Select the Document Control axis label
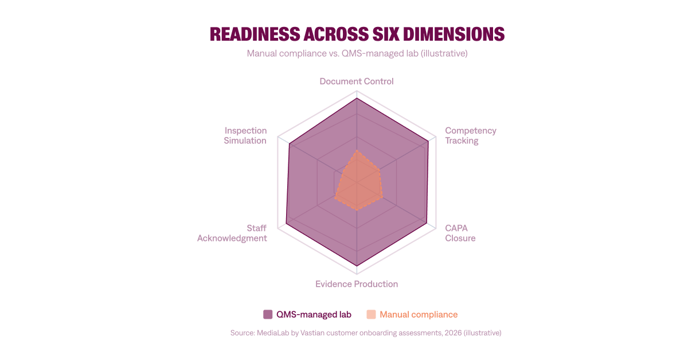coord(357,81)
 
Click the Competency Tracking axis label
coord(470,135)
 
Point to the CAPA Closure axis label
coord(460,233)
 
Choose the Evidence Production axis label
coord(357,284)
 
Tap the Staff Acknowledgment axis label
coord(232,233)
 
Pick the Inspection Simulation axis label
coord(245,135)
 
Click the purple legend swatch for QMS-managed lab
coord(268,314)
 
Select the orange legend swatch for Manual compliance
coord(371,314)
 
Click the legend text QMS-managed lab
coord(314,314)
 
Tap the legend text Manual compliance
coord(419,314)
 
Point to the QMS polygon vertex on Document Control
coord(357,99)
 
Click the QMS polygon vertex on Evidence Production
coord(357,265)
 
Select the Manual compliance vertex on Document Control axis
coord(357,151)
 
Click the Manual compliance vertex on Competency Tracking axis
coord(380,170)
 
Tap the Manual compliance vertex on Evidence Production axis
coord(357,210)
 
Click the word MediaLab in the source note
coord(271,332)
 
